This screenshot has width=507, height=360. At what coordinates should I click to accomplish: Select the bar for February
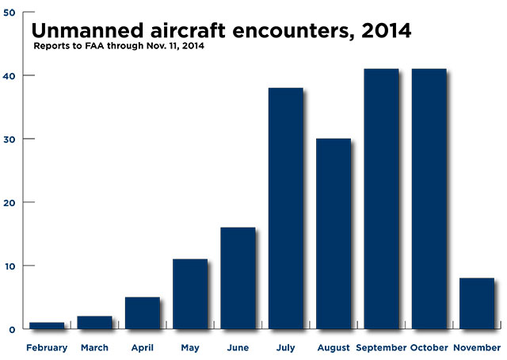[47, 325]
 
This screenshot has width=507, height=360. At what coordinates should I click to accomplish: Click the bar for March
[94, 322]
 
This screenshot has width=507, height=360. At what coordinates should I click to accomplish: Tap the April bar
[142, 312]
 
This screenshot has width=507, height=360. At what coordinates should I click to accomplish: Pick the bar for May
[190, 293]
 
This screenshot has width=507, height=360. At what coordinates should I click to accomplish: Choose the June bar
[238, 278]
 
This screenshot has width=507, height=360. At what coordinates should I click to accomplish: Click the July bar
[285, 208]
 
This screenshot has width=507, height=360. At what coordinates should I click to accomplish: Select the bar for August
[334, 233]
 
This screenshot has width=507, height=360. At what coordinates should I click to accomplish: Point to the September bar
[381, 198]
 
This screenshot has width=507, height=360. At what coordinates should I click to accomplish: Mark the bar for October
[429, 198]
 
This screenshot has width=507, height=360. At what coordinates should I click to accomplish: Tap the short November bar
[477, 303]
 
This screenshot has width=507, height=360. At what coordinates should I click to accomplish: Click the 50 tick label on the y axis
[8, 13]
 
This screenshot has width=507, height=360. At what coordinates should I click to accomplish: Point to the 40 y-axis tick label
[8, 75]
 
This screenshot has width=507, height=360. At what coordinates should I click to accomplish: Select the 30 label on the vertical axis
[8, 139]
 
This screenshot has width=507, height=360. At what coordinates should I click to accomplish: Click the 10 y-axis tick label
[8, 266]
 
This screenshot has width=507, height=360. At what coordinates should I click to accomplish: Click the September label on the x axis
[381, 348]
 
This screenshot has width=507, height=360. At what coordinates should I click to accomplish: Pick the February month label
[47, 348]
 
